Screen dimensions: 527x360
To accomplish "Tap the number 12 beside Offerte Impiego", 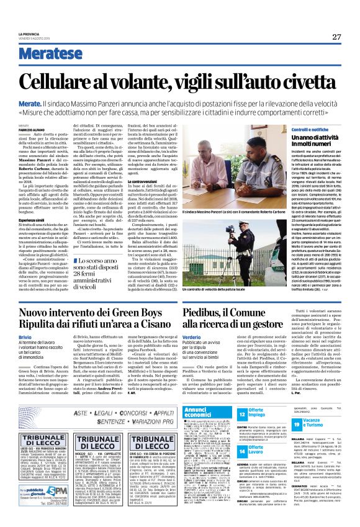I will [x=243, y=413].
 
